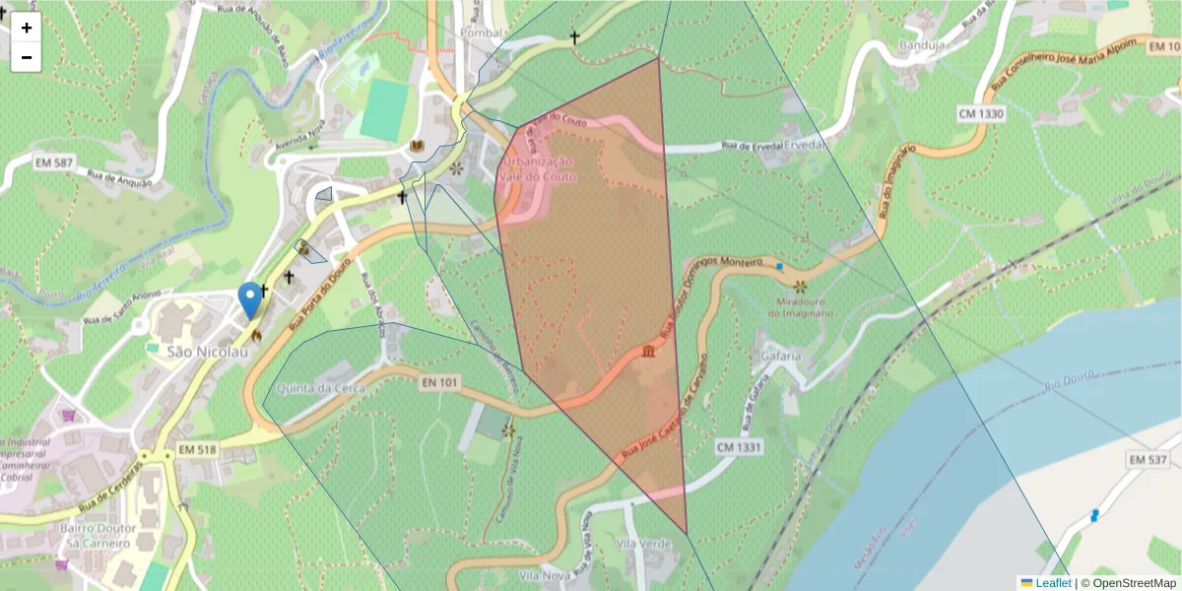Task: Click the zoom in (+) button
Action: [27, 28]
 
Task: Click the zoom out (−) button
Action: [27, 57]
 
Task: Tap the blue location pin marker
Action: [251, 299]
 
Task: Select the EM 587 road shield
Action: [55, 161]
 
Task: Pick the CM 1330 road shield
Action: [980, 114]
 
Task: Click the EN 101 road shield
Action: [440, 381]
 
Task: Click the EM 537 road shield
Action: [1148, 460]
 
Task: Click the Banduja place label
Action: [922, 45]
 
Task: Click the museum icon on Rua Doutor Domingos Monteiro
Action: [648, 352]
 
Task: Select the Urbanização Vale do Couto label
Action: [536, 168]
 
